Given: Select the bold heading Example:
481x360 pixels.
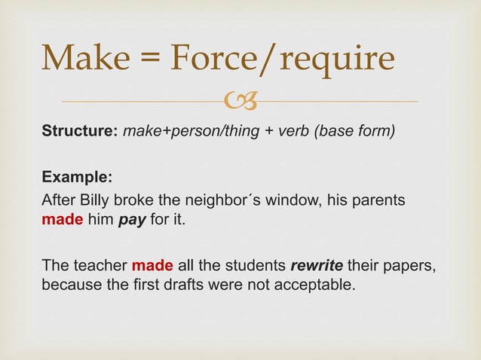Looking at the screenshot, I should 77,179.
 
